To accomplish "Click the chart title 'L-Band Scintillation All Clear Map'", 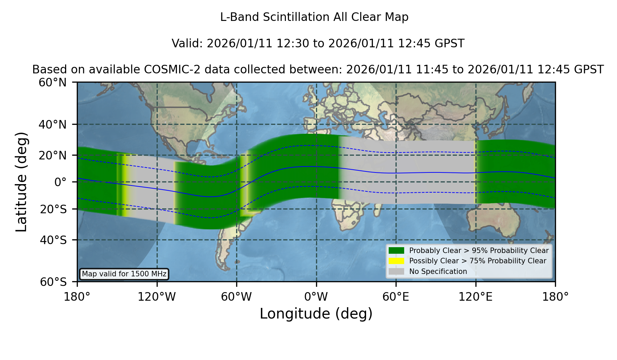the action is [x=314, y=17].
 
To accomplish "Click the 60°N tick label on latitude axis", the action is [x=52, y=82].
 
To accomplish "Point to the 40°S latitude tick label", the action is [x=53, y=240].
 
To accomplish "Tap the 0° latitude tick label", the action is [x=60, y=182].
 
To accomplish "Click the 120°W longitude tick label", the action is [x=157, y=297].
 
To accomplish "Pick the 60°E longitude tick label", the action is [x=396, y=297].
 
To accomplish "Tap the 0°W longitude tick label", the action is [x=316, y=297].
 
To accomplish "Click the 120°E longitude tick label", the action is [x=475, y=297].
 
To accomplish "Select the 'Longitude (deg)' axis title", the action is [x=316, y=314].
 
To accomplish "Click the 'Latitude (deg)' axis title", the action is [x=21, y=182].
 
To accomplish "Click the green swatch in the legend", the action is [x=397, y=250].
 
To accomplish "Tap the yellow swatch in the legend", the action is [x=397, y=261].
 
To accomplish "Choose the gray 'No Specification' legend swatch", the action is [x=397, y=271].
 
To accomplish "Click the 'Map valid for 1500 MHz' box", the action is [x=124, y=274].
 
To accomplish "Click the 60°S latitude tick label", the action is [x=53, y=282].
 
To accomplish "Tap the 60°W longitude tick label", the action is [x=237, y=297].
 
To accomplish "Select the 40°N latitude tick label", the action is [x=52, y=124].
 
